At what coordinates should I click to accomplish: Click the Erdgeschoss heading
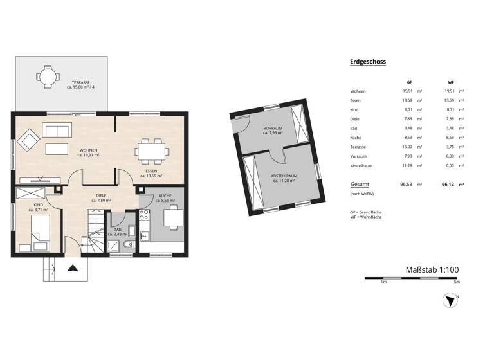point(367,62)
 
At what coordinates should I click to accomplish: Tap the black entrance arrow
point(73,269)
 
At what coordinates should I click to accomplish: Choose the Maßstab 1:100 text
point(432,270)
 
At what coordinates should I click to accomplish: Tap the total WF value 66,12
point(448,184)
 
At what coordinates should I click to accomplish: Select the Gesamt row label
point(360,184)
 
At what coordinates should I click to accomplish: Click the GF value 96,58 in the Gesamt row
point(406,184)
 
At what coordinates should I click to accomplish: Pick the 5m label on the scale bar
point(457,282)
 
